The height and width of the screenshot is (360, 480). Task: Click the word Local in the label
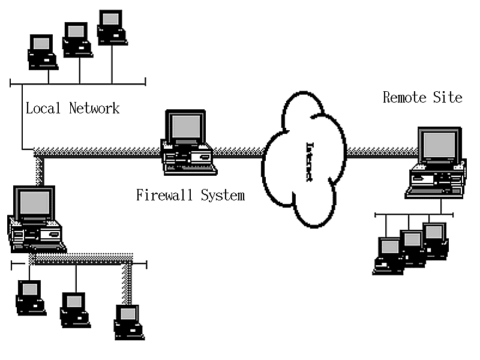point(44,109)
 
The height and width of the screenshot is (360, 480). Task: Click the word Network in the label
point(94,109)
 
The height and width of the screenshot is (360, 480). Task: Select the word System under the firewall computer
point(222,196)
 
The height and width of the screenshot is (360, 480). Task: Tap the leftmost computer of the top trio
point(42,51)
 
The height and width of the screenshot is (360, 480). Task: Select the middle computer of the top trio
point(77,40)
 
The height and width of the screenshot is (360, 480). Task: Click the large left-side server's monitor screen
point(34,203)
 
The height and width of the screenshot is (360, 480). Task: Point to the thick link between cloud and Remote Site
point(379,152)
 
